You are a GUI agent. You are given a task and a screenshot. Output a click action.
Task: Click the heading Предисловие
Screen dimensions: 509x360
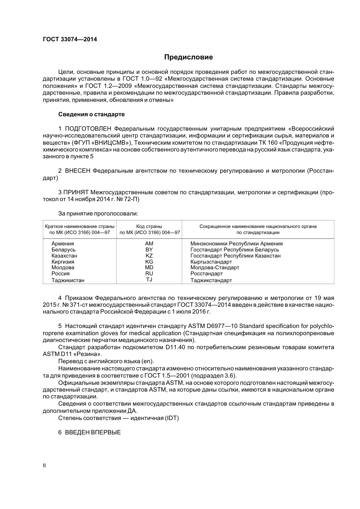188,57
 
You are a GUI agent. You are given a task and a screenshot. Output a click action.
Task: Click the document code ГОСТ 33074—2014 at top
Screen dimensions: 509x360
70,39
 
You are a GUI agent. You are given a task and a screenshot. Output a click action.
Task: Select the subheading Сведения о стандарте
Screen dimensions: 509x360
91,114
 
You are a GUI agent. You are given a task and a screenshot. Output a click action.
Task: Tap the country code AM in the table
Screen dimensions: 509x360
149,244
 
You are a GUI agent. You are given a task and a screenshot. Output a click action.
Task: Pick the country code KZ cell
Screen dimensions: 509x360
149,256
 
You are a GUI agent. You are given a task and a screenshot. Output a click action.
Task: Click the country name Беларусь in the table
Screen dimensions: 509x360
63,250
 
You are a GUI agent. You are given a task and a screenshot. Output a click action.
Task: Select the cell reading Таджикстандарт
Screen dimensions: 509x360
211,280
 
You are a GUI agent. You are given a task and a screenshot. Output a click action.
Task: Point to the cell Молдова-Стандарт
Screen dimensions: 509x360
214,267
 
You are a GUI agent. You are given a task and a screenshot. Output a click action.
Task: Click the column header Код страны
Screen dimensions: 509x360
149,226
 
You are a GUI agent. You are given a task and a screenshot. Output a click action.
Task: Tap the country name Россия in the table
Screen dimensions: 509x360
61,273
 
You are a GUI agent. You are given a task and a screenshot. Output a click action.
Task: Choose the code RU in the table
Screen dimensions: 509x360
149,273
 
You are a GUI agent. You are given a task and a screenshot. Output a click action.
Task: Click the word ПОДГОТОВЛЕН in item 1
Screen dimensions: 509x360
88,128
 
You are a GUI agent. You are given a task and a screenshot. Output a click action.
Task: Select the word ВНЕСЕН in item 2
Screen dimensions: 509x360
78,171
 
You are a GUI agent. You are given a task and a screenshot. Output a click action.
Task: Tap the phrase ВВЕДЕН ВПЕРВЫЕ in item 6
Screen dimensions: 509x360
93,432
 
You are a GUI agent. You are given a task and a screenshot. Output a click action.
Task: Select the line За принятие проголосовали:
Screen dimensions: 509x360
98,214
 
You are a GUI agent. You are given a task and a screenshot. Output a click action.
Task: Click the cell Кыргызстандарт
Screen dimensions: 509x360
211,262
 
